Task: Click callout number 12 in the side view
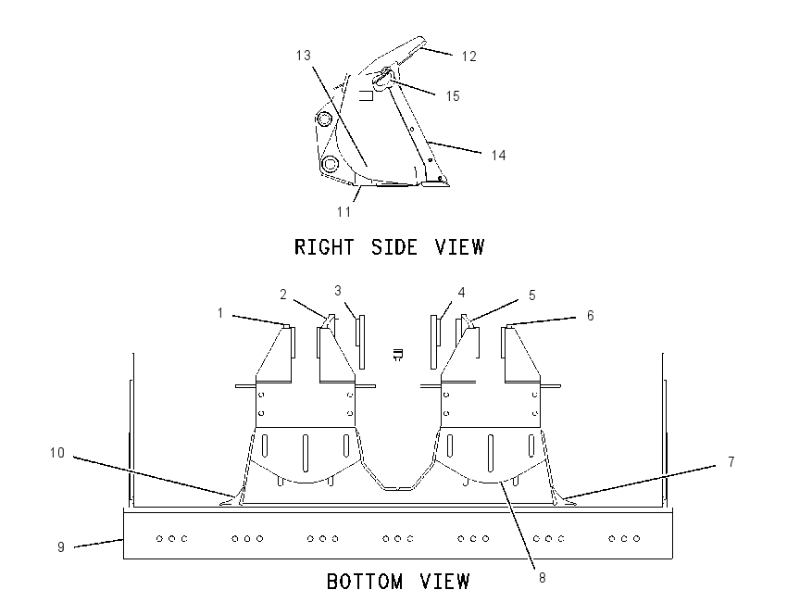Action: (x=468, y=56)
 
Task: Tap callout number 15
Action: (x=453, y=96)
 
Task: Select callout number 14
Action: (x=498, y=155)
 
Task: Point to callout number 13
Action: (x=303, y=56)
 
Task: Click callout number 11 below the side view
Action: (x=344, y=212)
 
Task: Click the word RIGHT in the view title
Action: (x=324, y=247)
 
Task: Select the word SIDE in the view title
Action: (x=394, y=247)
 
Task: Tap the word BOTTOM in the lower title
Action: (x=365, y=582)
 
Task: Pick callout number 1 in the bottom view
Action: (x=219, y=313)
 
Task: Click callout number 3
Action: (x=338, y=290)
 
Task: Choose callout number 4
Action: (x=461, y=292)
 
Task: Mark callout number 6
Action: (x=591, y=315)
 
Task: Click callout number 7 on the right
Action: (x=731, y=461)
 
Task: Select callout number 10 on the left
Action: (x=57, y=453)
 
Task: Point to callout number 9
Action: (x=61, y=546)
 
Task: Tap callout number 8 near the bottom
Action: (x=542, y=578)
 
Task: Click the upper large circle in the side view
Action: (x=324, y=120)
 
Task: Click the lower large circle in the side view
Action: (x=330, y=164)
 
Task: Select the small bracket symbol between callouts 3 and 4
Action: (x=397, y=355)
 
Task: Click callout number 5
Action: (x=532, y=295)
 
